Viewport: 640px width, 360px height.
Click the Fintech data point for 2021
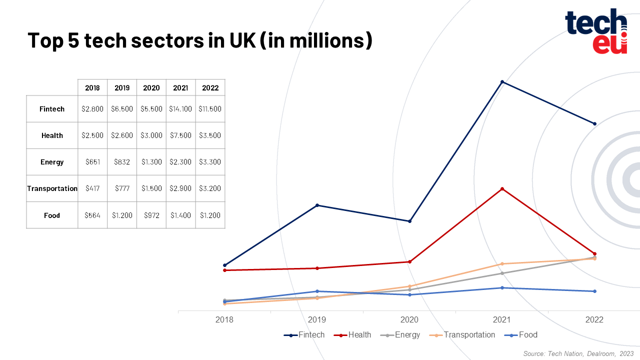[x=502, y=81]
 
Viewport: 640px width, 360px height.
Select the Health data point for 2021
[x=502, y=188]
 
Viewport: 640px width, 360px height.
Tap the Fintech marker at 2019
[x=317, y=205]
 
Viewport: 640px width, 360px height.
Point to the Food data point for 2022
[x=594, y=291]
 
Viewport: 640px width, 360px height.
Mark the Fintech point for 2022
[x=594, y=123]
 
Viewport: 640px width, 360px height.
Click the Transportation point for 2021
[x=502, y=263]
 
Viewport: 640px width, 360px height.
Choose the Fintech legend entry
[x=304, y=334]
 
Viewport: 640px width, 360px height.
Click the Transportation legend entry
[x=462, y=334]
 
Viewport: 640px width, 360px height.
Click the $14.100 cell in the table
[x=180, y=108]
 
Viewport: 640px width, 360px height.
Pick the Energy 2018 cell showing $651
[x=92, y=162]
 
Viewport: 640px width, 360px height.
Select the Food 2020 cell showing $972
[x=151, y=215]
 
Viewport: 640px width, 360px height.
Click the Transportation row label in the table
[x=52, y=188]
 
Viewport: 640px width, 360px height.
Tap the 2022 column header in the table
[x=210, y=87]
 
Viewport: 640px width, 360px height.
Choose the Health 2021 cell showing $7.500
[x=180, y=135]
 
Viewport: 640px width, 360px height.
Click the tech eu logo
[x=596, y=31]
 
